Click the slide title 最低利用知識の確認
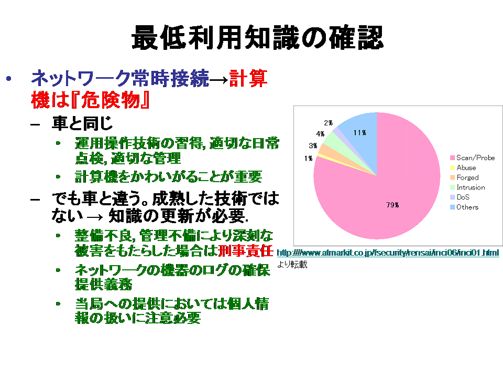click(x=257, y=37)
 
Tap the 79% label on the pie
click(x=392, y=205)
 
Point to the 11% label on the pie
click(x=359, y=133)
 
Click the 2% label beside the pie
click(x=328, y=123)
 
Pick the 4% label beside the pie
click(x=320, y=134)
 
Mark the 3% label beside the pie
click(x=313, y=145)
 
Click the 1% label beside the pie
click(x=308, y=158)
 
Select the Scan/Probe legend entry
click(x=473, y=158)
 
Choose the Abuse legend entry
click(x=463, y=168)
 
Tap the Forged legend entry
click(x=465, y=177)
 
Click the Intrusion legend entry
click(x=468, y=187)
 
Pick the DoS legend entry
click(x=460, y=197)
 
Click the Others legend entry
click(x=464, y=207)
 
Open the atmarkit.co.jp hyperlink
click(x=388, y=253)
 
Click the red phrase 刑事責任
click(x=245, y=251)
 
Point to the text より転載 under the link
click(x=292, y=264)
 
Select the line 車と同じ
click(x=82, y=123)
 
